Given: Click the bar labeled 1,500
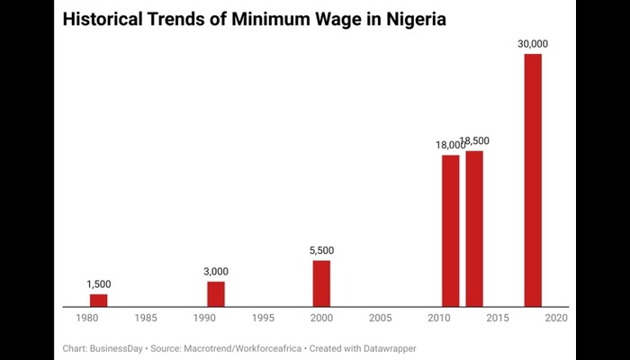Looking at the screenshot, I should [98, 301].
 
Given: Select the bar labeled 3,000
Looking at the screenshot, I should [216, 294].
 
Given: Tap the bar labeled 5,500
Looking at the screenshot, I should [321, 283].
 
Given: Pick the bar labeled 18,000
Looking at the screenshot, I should [450, 230].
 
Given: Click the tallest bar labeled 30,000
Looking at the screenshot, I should [533, 180].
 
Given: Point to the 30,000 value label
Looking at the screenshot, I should [533, 43].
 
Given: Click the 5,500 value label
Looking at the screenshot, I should [321, 250].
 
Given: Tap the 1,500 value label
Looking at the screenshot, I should [98, 284].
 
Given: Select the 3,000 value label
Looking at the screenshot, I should [216, 271].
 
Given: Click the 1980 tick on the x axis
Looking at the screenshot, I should [87, 318].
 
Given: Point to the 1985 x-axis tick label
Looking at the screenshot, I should [146, 318].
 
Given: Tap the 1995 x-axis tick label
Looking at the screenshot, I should [263, 318].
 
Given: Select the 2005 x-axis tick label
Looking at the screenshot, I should [380, 318].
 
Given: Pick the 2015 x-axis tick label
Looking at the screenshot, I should [497, 318].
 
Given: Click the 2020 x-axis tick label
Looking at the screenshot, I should [555, 318].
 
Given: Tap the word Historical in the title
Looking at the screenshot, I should [104, 18].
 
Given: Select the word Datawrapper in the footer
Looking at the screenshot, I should [389, 347].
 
